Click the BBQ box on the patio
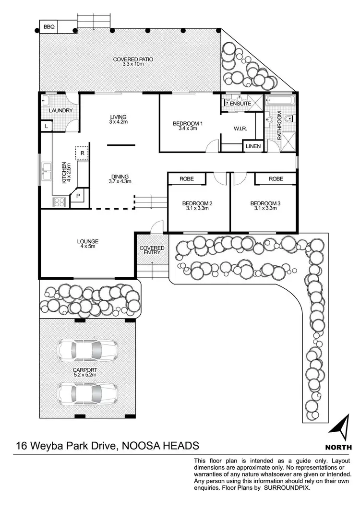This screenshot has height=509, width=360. click(49, 27)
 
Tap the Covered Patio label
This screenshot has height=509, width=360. click(133, 59)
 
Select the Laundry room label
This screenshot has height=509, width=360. click(60, 111)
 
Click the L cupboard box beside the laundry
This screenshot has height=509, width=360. click(46, 126)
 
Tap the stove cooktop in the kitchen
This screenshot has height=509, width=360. click(59, 202)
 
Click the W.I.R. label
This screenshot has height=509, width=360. click(240, 129)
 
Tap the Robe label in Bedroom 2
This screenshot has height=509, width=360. click(186, 179)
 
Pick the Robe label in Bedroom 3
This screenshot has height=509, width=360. click(276, 179)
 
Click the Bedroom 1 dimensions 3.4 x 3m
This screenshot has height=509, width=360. click(188, 129)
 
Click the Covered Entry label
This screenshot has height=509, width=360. click(152, 251)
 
